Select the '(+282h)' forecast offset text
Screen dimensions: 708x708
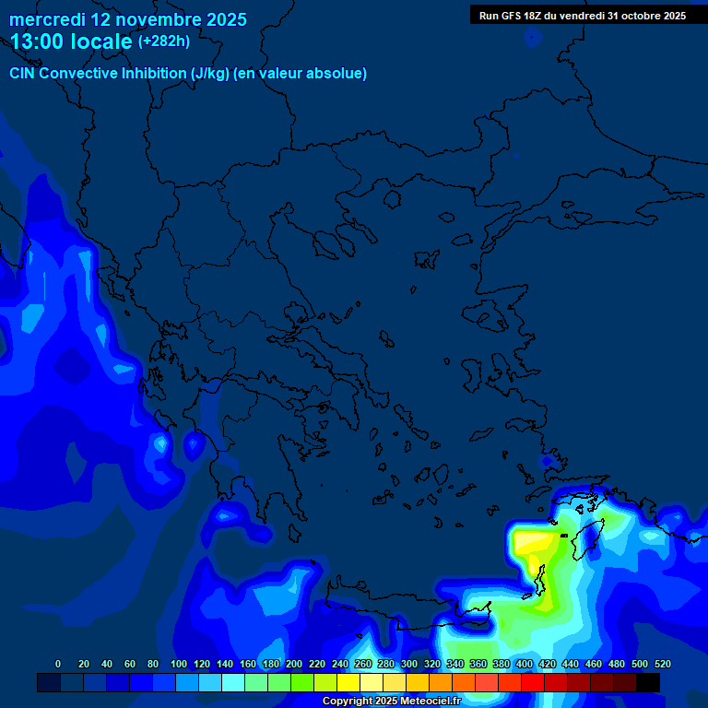(164, 41)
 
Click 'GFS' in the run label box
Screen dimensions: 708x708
(509, 16)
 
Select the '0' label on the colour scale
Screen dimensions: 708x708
(58, 665)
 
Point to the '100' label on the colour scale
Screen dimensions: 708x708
(179, 665)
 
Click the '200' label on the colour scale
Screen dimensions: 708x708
(294, 665)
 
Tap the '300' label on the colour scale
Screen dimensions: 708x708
(409, 665)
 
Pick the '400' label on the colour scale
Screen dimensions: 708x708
(525, 665)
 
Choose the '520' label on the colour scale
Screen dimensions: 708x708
(662, 665)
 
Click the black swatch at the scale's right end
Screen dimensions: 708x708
(648, 683)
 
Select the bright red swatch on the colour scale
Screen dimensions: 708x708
(533, 683)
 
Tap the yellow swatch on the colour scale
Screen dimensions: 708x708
(348, 683)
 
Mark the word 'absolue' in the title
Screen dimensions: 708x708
(337, 74)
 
